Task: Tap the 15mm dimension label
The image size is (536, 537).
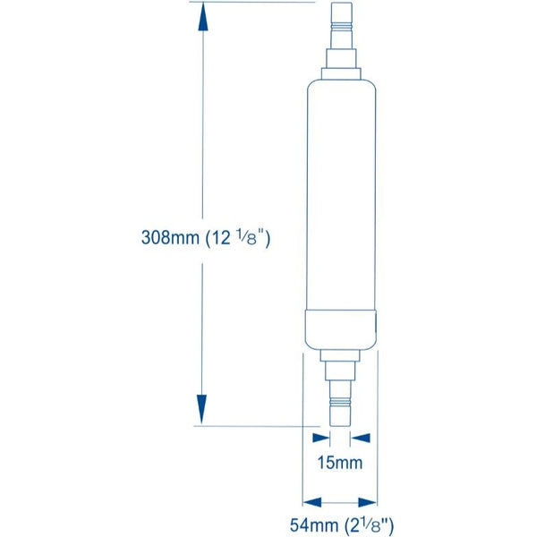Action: tap(341, 464)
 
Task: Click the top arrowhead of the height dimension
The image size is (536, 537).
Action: tap(204, 14)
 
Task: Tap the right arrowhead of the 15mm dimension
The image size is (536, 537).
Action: tap(361, 438)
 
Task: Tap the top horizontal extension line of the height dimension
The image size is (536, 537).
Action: tap(259, 3)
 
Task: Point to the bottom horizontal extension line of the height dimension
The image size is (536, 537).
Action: tap(259, 426)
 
